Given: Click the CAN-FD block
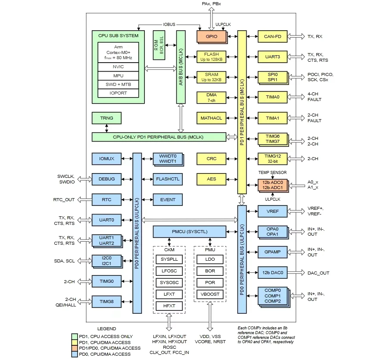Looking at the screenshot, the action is point(272,36).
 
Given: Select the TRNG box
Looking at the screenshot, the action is point(106,118).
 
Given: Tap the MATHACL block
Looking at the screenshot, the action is point(211,118).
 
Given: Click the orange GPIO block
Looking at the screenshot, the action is point(212,36).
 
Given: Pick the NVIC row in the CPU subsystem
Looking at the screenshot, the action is point(118,67).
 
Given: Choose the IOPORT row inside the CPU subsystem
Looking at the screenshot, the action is point(118,93).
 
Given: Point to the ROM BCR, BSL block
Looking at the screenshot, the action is point(159,45).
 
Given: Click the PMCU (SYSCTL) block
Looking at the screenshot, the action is point(190,232).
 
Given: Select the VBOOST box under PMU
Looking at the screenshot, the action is point(210,294).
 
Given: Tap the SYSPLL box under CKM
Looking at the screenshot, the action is point(169,259).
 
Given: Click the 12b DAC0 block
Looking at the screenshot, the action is point(272,272).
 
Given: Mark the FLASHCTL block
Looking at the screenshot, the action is point(168,179).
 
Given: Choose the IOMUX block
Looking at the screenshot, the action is point(106,159).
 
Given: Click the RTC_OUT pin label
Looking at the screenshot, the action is point(64,200).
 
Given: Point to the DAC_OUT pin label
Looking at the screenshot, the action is point(318,273).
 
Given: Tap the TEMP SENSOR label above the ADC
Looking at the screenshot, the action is point(272,172).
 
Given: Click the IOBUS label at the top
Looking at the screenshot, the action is point(169,25).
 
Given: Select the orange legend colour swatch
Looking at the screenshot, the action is point(75,348).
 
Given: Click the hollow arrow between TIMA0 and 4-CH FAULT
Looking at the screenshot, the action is point(296,97).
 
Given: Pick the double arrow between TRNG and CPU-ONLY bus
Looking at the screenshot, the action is point(106,128).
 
